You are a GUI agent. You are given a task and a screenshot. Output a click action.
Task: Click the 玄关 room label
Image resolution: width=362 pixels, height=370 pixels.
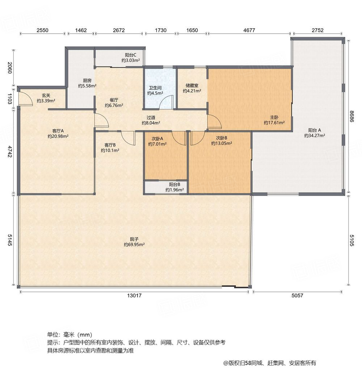pyautogui.click(x=46, y=96)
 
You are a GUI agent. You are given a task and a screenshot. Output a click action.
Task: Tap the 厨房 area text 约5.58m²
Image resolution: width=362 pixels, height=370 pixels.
pyautogui.click(x=87, y=86)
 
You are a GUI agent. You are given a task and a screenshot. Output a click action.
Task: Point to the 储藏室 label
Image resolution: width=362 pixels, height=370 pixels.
pyautogui.click(x=192, y=86)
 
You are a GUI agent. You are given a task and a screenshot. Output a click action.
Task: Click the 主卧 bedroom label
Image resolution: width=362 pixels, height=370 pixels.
pyautogui.click(x=274, y=117)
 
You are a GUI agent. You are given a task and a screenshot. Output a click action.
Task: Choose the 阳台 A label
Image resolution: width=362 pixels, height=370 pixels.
pyautogui.click(x=315, y=130)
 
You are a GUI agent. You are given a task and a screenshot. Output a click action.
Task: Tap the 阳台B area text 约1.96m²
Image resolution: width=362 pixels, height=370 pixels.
pyautogui.click(x=174, y=190)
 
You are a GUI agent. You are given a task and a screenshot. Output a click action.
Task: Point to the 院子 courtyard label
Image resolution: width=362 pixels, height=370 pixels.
pyautogui.click(x=134, y=239)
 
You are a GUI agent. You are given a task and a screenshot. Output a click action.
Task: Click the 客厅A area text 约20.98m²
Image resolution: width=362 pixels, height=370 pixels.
pyautogui.click(x=58, y=136)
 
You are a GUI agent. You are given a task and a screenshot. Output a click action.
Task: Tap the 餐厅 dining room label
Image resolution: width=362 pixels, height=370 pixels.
pyautogui.click(x=114, y=100)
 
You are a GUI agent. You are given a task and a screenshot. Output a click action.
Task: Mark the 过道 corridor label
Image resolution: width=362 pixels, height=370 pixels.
pyautogui.click(x=151, y=118)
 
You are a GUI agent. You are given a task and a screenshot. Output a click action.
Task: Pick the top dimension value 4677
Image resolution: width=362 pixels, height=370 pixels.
pyautogui.click(x=249, y=30)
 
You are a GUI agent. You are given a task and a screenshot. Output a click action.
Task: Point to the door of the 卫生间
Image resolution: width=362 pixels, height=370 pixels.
pyautogui.click(x=167, y=102)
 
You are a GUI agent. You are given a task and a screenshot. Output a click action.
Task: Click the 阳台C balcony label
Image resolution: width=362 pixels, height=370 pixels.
pyautogui.click(x=130, y=55)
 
